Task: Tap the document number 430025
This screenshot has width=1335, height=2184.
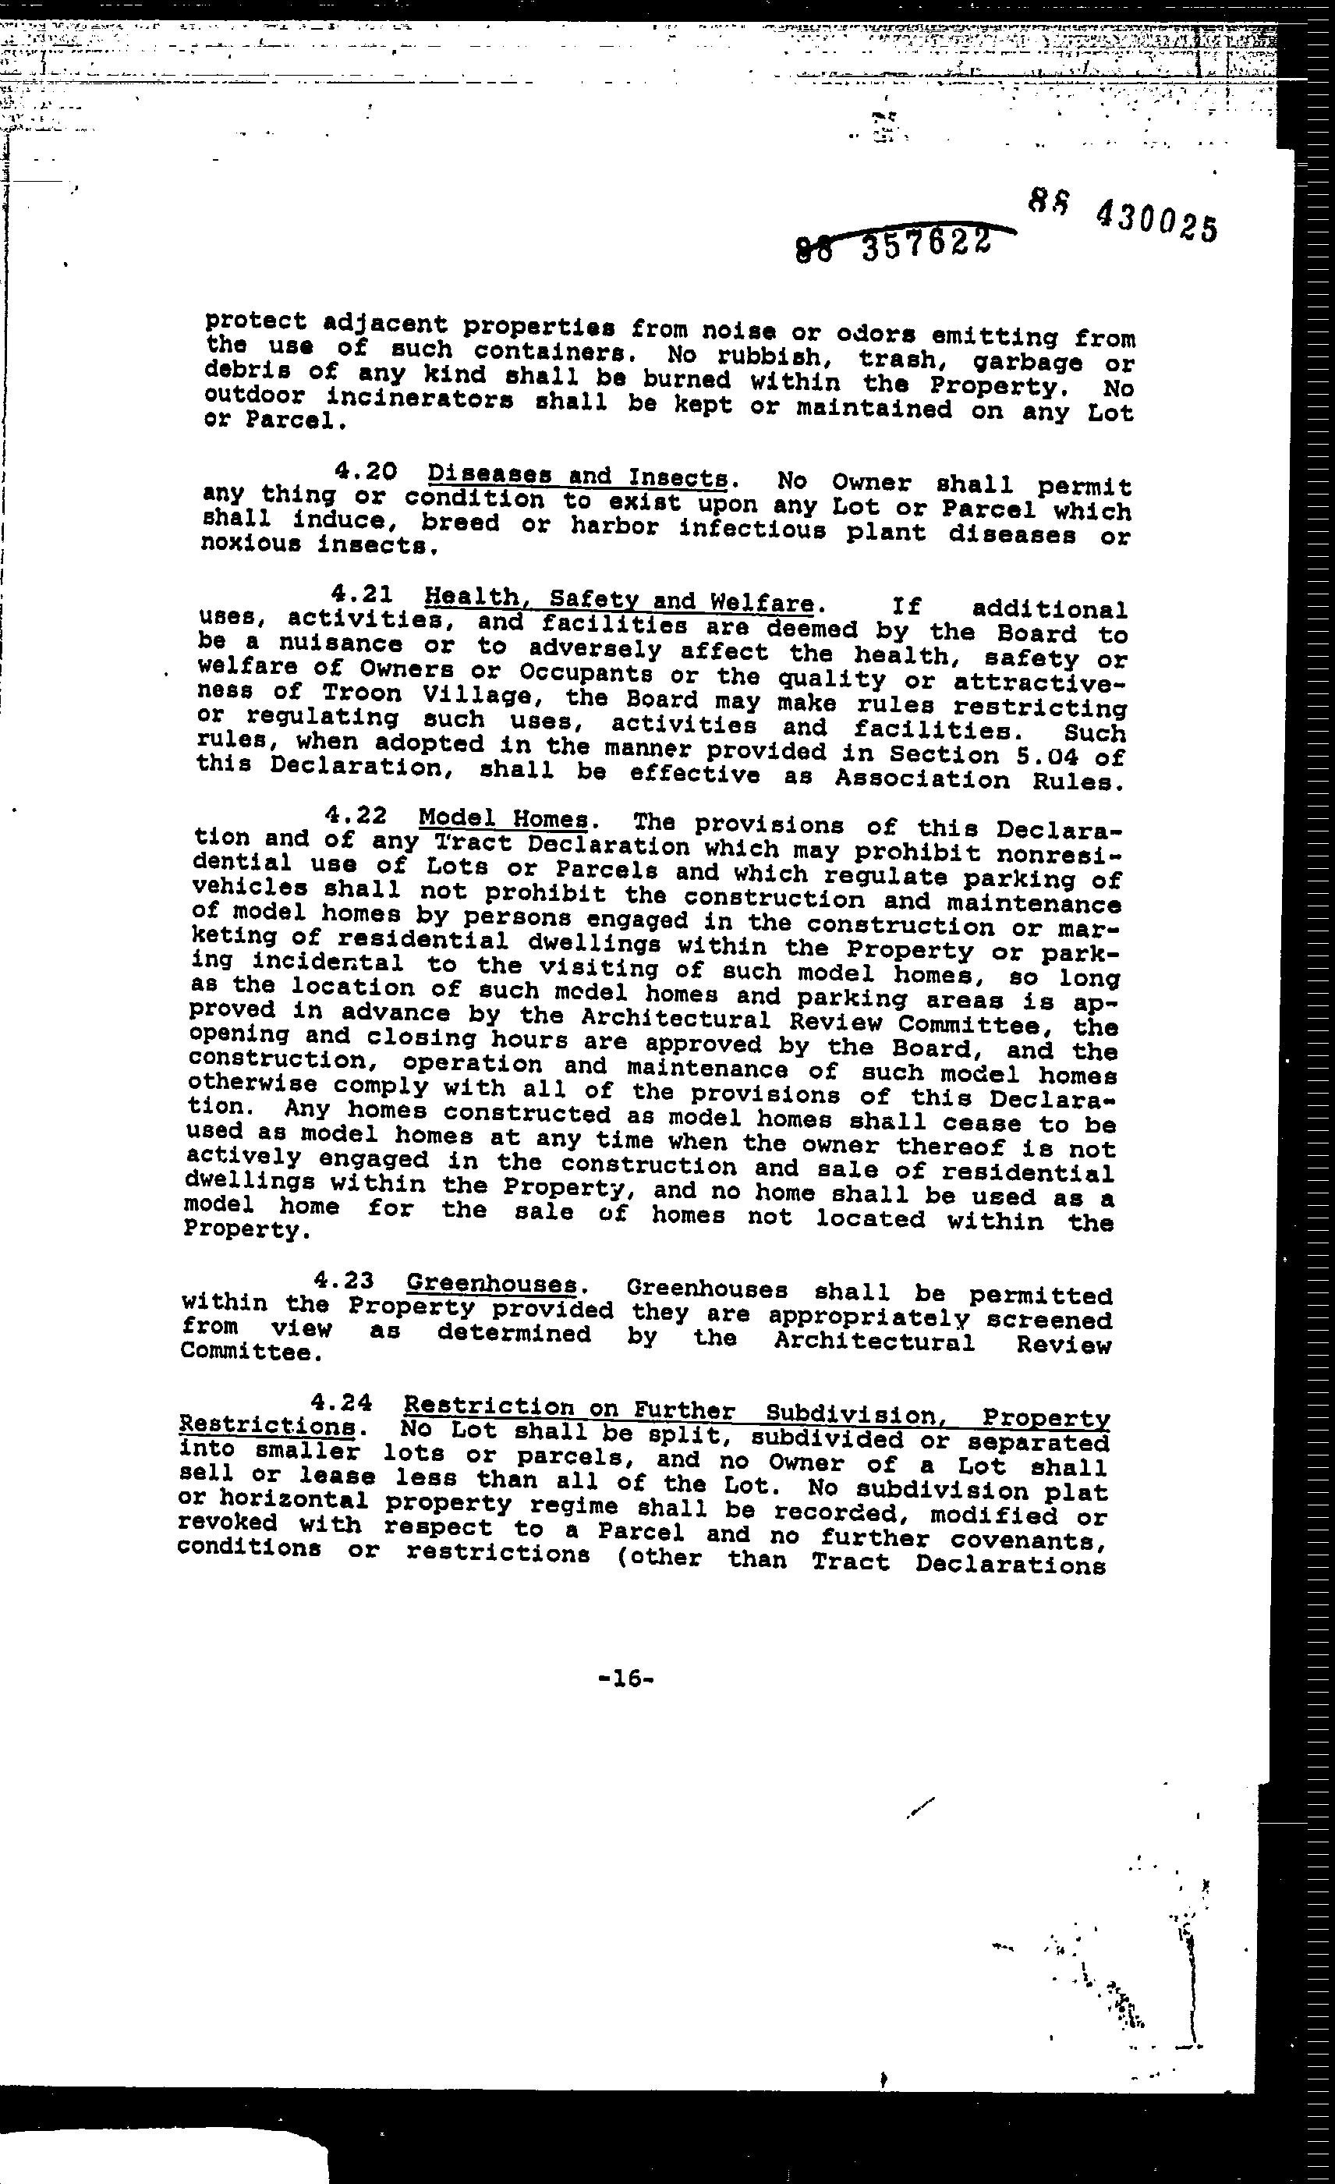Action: click(1156, 222)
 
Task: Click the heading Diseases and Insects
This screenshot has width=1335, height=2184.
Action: click(578, 477)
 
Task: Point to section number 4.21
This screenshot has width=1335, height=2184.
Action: click(362, 594)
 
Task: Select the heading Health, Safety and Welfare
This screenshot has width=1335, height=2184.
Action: click(618, 601)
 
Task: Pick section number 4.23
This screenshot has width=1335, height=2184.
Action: click(344, 1281)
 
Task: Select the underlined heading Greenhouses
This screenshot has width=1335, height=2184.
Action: click(490, 1285)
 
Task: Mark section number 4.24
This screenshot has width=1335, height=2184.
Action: click(341, 1403)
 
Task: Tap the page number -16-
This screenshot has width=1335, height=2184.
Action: click(626, 1678)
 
